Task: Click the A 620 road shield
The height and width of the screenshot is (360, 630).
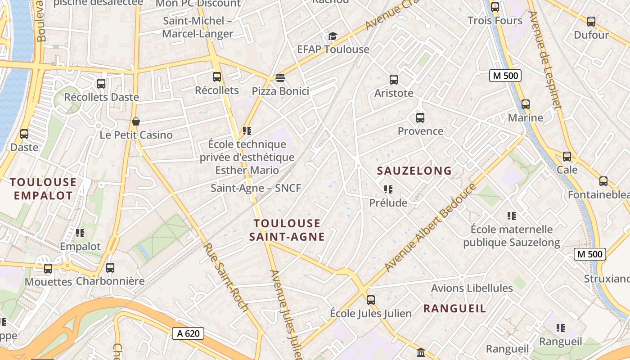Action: pos(188,333)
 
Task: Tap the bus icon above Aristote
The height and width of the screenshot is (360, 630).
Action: pos(394,80)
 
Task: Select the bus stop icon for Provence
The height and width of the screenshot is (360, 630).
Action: pos(420,118)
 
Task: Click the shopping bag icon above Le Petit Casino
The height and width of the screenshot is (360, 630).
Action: pos(136,121)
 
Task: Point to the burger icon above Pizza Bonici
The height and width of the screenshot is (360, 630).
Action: pos(280,78)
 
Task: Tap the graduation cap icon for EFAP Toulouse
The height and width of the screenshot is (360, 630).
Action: pos(333,36)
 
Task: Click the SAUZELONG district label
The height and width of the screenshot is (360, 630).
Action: pos(414,171)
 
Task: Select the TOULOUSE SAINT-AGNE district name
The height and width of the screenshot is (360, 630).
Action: pos(287,230)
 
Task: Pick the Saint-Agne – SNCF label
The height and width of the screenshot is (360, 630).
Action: pos(256,188)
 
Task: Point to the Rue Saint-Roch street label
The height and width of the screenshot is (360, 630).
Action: pos(226,278)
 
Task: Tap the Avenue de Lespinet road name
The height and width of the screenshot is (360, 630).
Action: pos(545,61)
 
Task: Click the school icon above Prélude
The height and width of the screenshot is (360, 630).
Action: pos(388,189)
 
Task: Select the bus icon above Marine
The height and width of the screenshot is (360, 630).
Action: pos(526,104)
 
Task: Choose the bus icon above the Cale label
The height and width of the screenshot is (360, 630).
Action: pos(567,157)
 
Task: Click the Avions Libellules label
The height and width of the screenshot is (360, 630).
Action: pos(472,288)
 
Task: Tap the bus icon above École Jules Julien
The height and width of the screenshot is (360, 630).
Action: pos(371,300)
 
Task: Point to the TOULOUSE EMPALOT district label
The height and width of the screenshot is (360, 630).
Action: pos(43,189)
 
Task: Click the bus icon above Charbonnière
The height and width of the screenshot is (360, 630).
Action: pos(110,268)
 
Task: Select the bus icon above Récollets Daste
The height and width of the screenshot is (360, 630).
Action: pos(101,84)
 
